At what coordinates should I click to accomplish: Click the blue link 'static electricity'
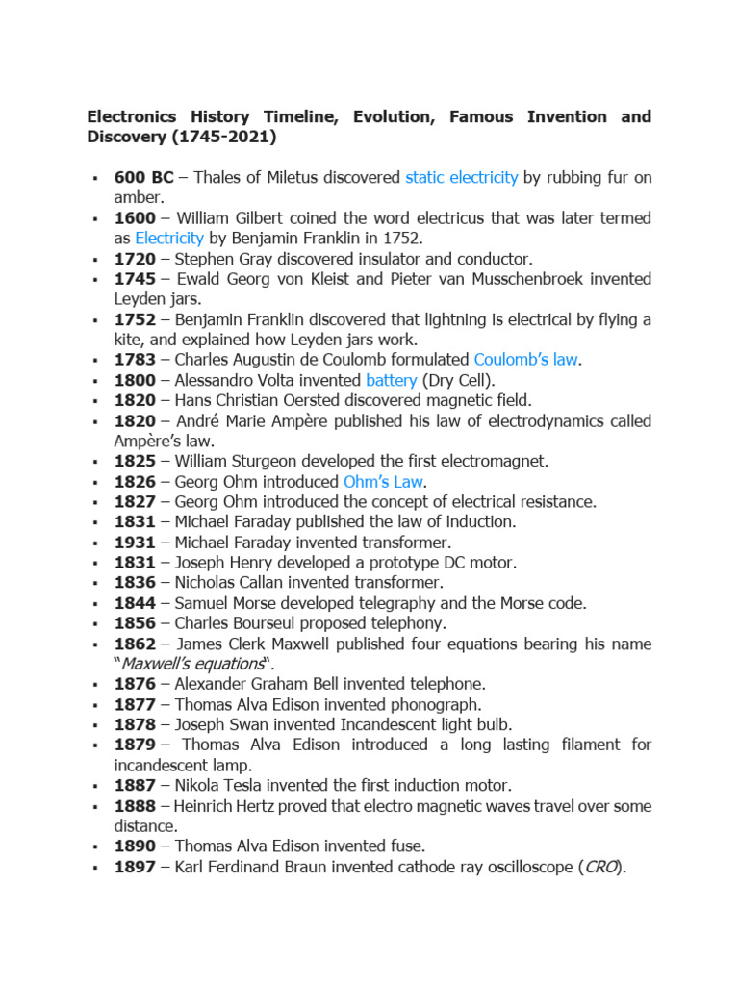coord(461,177)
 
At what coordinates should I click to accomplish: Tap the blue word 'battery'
coord(391,380)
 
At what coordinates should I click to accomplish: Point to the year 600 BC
coord(144,177)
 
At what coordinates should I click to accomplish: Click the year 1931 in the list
coord(135,542)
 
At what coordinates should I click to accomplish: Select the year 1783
coord(135,359)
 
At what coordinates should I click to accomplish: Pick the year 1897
coord(135,867)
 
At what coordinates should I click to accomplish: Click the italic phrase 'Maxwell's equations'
coord(190,664)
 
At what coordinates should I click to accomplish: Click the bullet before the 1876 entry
coord(95,685)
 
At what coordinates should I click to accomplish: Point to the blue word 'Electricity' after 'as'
coord(169,238)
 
